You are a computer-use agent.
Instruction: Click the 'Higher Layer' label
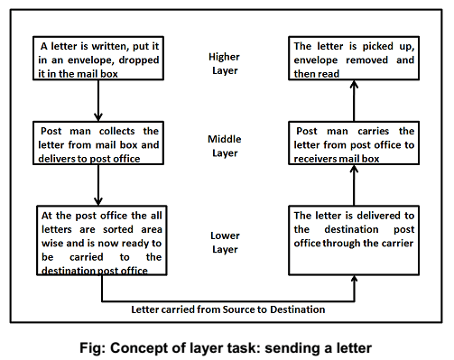224,62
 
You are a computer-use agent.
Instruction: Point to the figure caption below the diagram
226,344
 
